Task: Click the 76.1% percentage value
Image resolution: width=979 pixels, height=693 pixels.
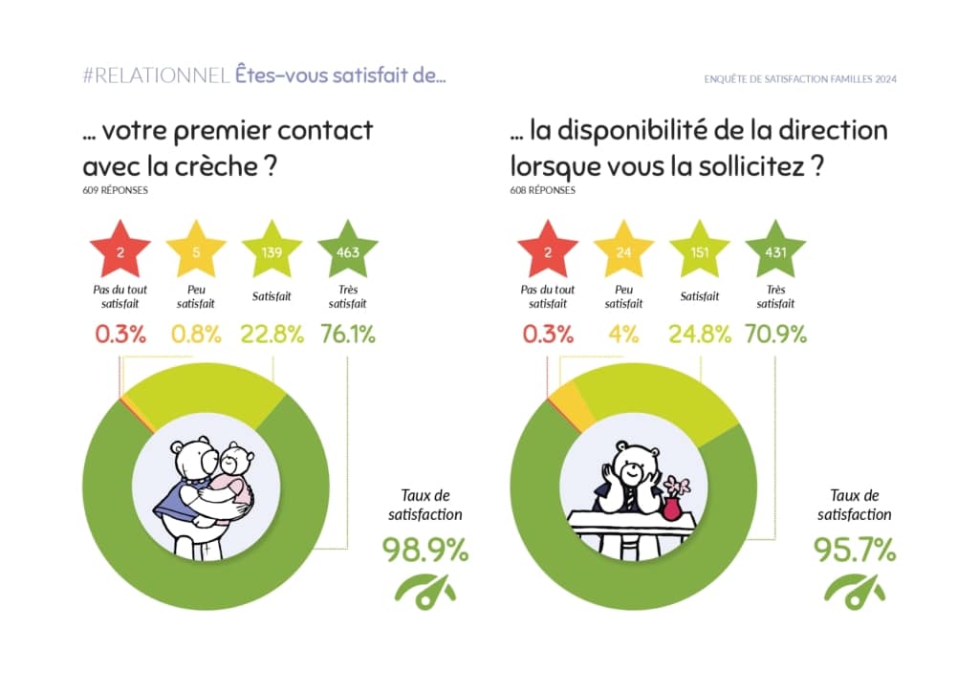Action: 347,335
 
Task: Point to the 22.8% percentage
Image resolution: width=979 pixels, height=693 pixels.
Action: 272,335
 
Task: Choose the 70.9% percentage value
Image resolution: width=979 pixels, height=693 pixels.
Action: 775,335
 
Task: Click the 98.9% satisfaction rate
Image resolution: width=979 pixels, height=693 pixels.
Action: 425,550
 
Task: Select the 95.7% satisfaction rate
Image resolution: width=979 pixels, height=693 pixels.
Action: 855,550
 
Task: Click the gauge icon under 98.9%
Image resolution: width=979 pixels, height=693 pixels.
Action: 425,590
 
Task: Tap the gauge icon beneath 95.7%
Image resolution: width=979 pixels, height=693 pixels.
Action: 855,590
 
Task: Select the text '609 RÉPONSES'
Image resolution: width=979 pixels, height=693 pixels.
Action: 116,190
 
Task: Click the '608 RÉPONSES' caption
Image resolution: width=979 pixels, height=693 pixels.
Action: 544,190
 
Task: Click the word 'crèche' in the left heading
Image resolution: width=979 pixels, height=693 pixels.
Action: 219,164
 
